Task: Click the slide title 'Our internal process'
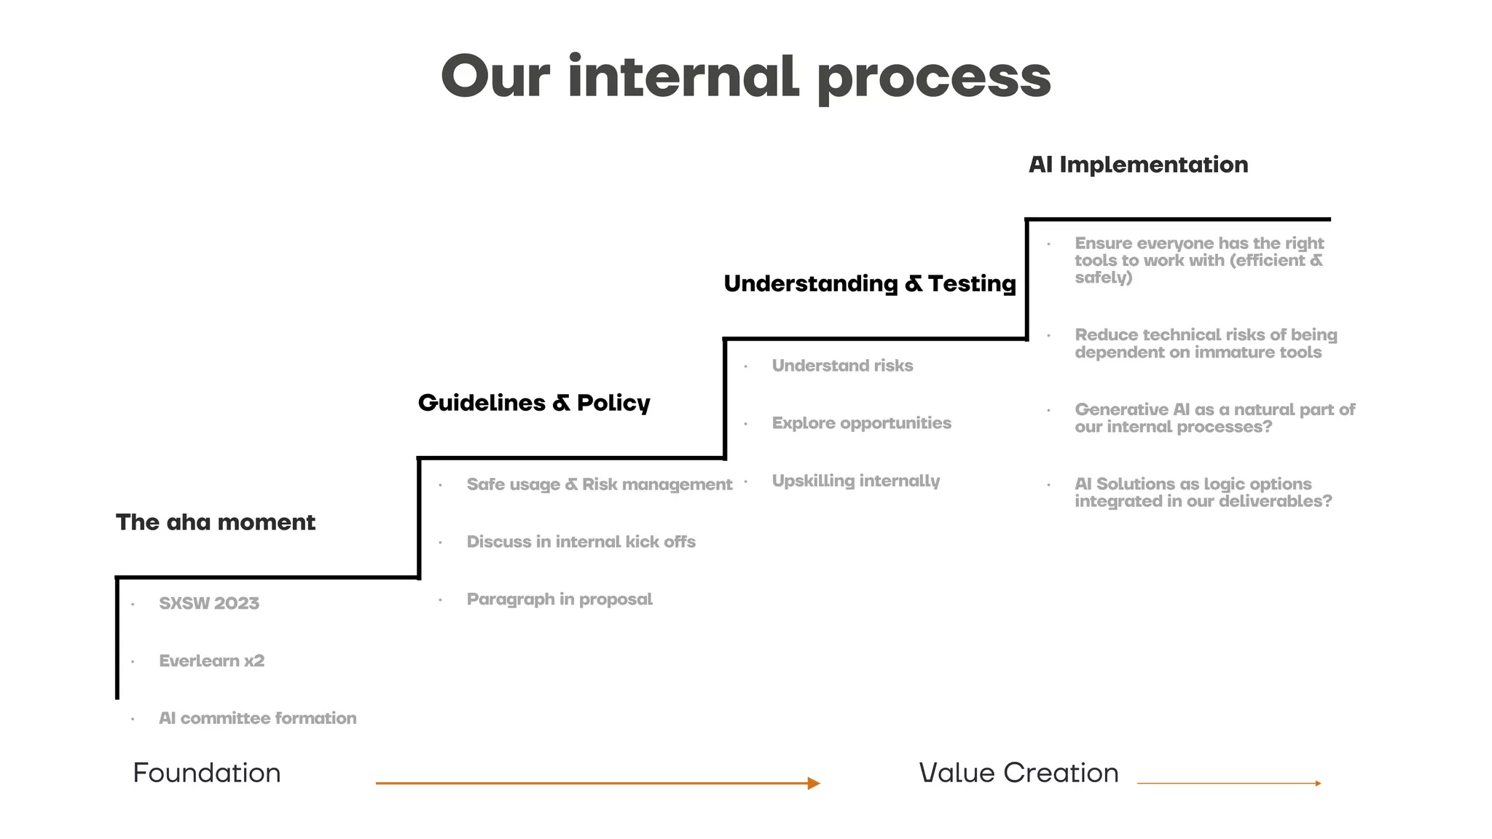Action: coord(746,76)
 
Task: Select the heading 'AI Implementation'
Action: coord(1138,165)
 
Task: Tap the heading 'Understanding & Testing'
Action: coord(869,283)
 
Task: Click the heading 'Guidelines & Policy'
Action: coord(534,403)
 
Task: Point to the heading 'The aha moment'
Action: coord(216,522)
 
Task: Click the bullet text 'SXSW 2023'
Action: coord(209,603)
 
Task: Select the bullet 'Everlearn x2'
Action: coord(211,661)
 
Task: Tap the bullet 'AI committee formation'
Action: coord(257,718)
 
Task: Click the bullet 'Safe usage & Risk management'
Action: coord(599,484)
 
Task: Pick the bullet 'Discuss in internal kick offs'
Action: coord(581,542)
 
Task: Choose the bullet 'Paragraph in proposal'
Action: coord(559,599)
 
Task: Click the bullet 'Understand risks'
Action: coord(842,366)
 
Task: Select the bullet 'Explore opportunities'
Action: coord(861,423)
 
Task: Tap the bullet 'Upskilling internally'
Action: coord(855,481)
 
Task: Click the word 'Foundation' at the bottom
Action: coord(207,773)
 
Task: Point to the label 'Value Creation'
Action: coord(1018,773)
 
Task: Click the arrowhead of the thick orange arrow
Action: coord(814,784)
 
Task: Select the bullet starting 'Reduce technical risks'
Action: coord(1205,344)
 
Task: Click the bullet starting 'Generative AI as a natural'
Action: coord(1214,418)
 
